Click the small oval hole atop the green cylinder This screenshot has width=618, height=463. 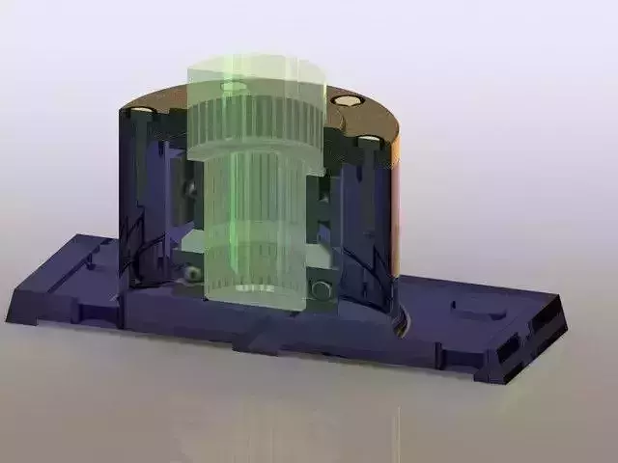pos(234,87)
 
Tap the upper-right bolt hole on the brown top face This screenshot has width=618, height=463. pos(346,99)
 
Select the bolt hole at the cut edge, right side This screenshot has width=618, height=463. pos(369,140)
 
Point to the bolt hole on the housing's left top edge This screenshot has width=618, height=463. pos(142,111)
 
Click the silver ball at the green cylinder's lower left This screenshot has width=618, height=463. pos(194,274)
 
